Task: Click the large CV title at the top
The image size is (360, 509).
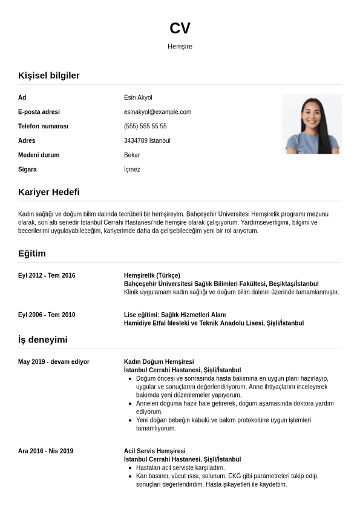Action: tap(180, 28)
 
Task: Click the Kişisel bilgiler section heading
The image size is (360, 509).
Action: tap(49, 75)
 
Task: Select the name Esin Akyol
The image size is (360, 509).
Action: tap(138, 97)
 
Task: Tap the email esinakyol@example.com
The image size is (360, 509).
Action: tap(157, 112)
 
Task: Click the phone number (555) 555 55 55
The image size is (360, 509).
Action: tap(145, 126)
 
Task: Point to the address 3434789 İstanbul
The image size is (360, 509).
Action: tap(147, 140)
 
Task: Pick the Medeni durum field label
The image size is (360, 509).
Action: tap(39, 155)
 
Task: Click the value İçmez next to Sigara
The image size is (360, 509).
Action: tap(132, 169)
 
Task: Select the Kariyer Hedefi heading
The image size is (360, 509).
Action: tap(49, 192)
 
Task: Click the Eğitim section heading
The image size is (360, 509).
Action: tap(32, 253)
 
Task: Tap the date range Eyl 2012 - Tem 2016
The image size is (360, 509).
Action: tap(47, 275)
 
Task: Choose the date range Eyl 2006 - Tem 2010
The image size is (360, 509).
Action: tap(47, 315)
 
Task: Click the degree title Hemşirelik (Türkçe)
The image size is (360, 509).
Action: tap(152, 275)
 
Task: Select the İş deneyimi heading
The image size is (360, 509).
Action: tap(43, 340)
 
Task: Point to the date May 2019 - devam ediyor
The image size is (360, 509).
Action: tap(54, 362)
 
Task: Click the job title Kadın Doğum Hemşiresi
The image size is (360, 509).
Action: tap(159, 362)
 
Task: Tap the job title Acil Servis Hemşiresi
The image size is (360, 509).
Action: tap(155, 451)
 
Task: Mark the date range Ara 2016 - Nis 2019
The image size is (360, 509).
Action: tap(46, 451)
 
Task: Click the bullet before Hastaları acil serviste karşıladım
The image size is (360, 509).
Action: tap(131, 468)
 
